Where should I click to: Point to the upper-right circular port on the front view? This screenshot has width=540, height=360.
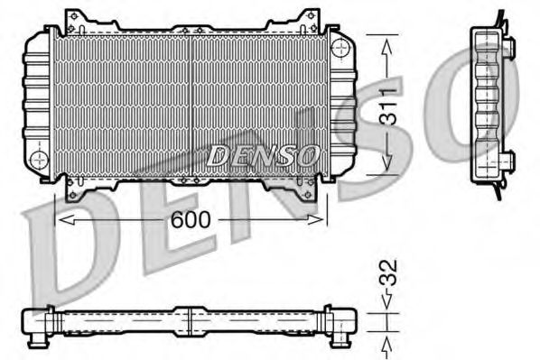click(x=340, y=46)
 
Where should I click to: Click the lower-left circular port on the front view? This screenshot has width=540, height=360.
click(x=38, y=160)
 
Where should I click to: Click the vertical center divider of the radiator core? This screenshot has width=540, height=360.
click(x=191, y=104)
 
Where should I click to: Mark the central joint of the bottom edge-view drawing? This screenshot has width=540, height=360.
click(x=190, y=321)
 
